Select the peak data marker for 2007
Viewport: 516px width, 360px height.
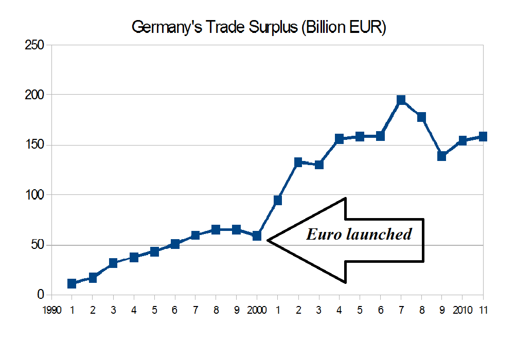pyautogui.click(x=401, y=100)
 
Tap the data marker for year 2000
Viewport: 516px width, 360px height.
pyautogui.click(x=257, y=236)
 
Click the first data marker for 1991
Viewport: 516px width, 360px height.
pyautogui.click(x=72, y=283)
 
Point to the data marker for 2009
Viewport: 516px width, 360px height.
pyautogui.click(x=442, y=156)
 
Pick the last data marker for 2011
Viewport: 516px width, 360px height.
pyautogui.click(x=483, y=137)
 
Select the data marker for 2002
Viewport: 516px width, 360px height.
pyautogui.click(x=298, y=163)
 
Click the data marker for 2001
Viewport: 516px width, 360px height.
pyautogui.click(x=278, y=201)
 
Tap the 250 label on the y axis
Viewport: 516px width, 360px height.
pyautogui.click(x=34, y=45)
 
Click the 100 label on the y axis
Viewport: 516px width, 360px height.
pyautogui.click(x=34, y=195)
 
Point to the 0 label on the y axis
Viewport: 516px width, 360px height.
pyautogui.click(x=41, y=295)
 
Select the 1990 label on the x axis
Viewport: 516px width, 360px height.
pyautogui.click(x=52, y=310)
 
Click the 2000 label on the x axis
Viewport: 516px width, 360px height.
pyautogui.click(x=257, y=310)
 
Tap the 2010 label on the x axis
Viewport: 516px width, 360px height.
pyautogui.click(x=462, y=310)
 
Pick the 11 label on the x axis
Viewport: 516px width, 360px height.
pyautogui.click(x=483, y=310)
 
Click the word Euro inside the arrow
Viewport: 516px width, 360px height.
pyautogui.click(x=323, y=235)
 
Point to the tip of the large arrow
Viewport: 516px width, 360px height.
pyautogui.click(x=269, y=240)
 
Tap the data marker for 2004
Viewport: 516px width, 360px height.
pyautogui.click(x=340, y=139)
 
